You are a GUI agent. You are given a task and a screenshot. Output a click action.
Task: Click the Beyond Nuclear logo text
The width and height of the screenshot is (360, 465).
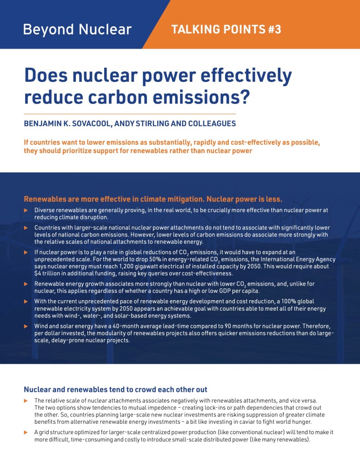tap(77, 30)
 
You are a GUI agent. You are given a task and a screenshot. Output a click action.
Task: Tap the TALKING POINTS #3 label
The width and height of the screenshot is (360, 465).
tap(226, 30)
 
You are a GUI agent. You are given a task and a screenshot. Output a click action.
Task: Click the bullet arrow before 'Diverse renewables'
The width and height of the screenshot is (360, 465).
tap(26, 210)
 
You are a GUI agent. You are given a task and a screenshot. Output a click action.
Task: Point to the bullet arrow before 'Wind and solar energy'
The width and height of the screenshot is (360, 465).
tap(26, 326)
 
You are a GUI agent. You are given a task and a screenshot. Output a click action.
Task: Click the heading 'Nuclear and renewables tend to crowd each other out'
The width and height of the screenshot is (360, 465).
tap(115, 390)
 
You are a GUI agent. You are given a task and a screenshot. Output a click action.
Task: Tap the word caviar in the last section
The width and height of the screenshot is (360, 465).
tap(256, 421)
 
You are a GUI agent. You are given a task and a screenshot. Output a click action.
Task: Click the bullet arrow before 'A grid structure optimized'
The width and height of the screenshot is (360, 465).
tap(26, 432)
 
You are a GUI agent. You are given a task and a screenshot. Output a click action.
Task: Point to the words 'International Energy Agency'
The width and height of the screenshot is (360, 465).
tap(295, 259)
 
